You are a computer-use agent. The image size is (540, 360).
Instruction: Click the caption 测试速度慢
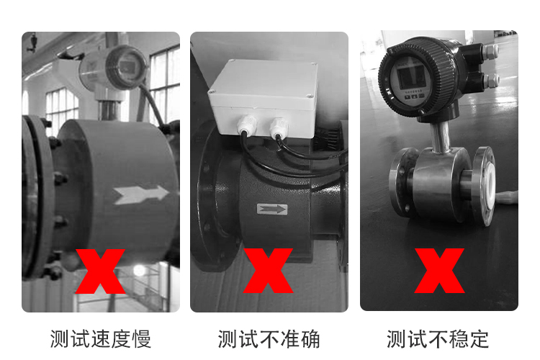(x=101, y=338)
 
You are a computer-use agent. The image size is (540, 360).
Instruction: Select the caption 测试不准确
(x=269, y=338)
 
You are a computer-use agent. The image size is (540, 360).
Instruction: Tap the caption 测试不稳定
(x=438, y=338)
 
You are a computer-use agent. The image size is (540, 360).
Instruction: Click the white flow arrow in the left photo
(x=141, y=194)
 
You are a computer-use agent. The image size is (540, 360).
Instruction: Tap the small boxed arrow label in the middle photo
(x=272, y=210)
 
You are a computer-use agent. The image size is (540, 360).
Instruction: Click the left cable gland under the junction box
(x=247, y=127)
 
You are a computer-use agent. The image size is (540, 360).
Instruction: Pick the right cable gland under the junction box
(x=278, y=129)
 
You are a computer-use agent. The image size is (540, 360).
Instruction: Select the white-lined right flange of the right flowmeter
(x=484, y=186)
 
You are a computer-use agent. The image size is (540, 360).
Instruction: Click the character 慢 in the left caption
(x=142, y=338)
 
